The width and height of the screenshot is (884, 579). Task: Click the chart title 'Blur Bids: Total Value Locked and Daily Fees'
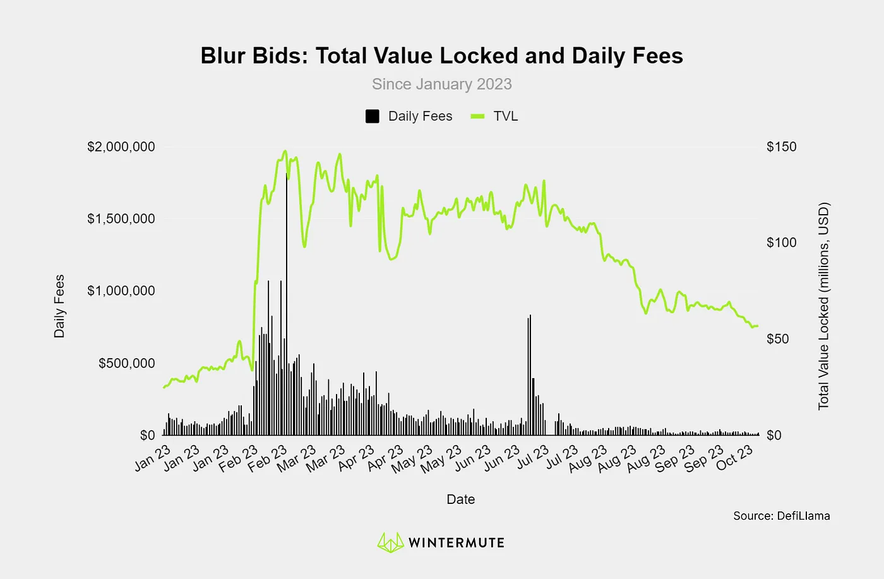click(441, 56)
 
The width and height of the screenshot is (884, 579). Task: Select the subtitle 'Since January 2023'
click(441, 84)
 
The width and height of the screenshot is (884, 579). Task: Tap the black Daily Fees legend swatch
click(373, 116)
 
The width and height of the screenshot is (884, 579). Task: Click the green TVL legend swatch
click(477, 116)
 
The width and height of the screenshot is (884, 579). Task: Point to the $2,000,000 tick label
click(121, 146)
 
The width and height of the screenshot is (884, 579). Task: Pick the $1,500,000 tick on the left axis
click(121, 218)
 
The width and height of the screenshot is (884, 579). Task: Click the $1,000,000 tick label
click(121, 290)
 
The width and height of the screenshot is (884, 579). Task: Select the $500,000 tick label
click(126, 363)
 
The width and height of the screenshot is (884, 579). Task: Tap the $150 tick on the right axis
click(781, 146)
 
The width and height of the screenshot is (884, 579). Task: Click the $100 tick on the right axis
click(781, 242)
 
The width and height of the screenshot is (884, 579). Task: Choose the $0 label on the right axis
click(773, 435)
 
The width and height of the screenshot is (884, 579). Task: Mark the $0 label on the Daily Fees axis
click(147, 435)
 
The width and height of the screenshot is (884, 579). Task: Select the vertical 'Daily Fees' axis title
click(59, 306)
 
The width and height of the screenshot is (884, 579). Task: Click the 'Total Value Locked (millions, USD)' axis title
click(823, 306)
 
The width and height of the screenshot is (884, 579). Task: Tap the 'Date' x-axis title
click(460, 499)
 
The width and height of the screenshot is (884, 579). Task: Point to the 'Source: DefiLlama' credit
click(781, 516)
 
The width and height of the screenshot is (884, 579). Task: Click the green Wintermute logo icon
click(390, 542)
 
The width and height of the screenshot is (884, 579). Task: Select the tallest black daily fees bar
click(287, 303)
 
